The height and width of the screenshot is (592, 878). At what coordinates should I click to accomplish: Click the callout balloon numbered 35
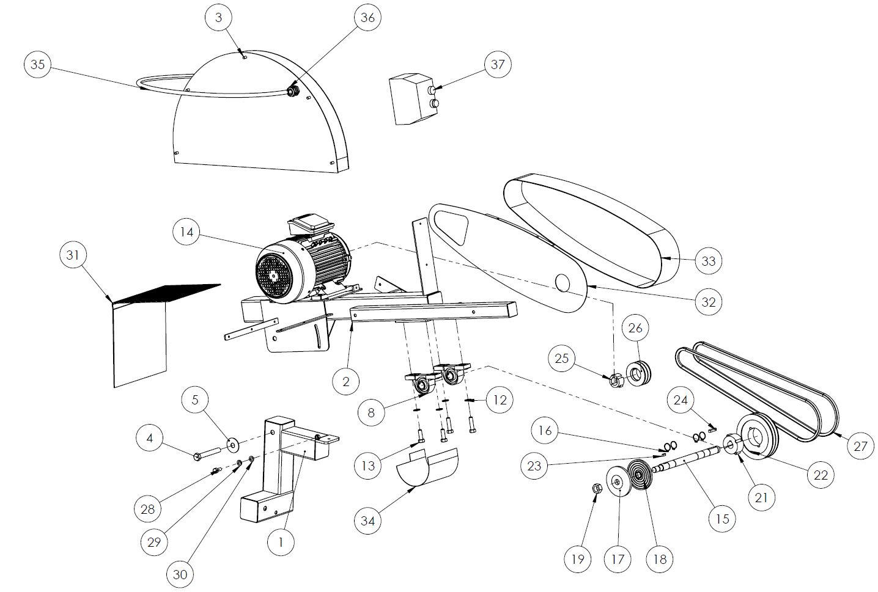(38, 64)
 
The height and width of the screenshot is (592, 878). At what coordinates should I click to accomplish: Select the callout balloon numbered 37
(498, 64)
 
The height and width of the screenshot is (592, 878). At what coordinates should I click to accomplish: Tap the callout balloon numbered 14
(187, 233)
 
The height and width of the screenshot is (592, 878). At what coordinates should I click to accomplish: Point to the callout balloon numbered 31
(73, 255)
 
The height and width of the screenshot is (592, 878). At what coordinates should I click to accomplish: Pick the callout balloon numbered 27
(860, 446)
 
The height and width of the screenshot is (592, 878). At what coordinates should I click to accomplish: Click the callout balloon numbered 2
(347, 381)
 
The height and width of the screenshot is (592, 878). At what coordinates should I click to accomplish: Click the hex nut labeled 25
(616, 381)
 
